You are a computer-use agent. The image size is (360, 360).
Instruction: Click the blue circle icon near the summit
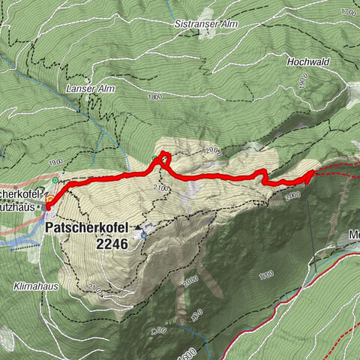click(x=143, y=234)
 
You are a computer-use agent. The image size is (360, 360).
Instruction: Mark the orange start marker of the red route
click(x=49, y=200)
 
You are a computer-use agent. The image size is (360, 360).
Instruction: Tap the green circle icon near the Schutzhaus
click(x=55, y=181)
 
